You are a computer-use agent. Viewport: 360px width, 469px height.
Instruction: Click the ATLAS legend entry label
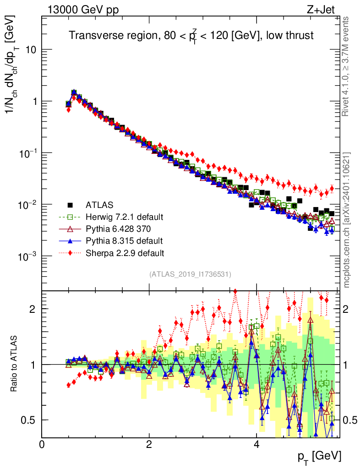(x=99, y=205)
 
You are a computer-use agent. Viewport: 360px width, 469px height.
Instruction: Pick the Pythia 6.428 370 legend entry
(x=120, y=229)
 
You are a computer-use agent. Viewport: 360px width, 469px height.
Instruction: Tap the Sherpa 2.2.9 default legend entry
(x=125, y=252)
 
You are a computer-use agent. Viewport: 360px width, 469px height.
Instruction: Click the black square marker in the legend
(x=70, y=205)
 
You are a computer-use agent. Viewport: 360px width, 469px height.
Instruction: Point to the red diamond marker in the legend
(x=70, y=252)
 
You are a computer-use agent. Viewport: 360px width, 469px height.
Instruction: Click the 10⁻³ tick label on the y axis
(x=26, y=256)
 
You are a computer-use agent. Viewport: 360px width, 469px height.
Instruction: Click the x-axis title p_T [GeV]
(x=319, y=456)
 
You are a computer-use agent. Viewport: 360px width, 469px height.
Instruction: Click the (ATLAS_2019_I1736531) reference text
(x=190, y=274)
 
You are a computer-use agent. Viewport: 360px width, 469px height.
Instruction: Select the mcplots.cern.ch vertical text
(x=347, y=220)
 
